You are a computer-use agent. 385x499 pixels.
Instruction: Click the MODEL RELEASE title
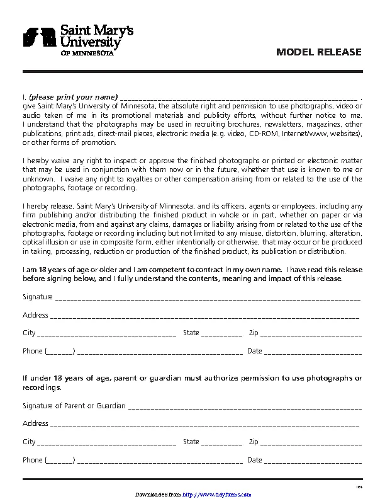319,52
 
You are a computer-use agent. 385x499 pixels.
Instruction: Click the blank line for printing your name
238,98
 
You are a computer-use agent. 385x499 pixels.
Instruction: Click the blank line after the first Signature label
208,297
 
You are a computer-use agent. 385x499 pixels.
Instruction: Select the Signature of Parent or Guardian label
74,406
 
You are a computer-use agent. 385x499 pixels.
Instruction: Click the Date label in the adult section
255,351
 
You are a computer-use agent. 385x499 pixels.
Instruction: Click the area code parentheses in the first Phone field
60,352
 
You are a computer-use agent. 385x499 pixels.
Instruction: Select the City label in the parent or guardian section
29,442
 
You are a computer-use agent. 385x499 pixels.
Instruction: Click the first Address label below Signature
35,315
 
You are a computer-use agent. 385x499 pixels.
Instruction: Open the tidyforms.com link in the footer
216,495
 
